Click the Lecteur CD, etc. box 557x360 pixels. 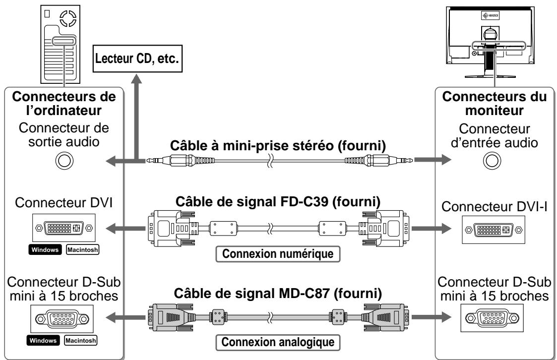(137, 59)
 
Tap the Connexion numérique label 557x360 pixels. (278, 254)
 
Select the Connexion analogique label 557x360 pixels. (278, 342)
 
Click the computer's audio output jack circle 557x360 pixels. (64, 161)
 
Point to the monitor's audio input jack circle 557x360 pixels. (492, 161)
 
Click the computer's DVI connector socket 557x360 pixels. (64, 228)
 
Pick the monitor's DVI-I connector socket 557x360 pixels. (494, 230)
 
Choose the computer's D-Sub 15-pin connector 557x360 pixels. (62, 319)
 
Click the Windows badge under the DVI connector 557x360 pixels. (45, 249)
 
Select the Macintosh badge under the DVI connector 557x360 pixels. (82, 249)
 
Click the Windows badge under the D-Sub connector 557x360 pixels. (43, 341)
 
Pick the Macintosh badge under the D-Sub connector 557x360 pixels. (81, 341)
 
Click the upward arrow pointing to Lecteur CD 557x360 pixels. (136, 117)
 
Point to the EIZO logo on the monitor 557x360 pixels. (490, 16)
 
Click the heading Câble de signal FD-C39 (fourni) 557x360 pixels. (278, 202)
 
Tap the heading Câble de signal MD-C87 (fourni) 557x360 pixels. (278, 294)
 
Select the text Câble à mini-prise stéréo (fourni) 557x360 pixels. (278, 146)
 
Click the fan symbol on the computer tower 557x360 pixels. (68, 18)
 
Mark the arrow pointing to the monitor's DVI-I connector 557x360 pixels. (431, 228)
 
